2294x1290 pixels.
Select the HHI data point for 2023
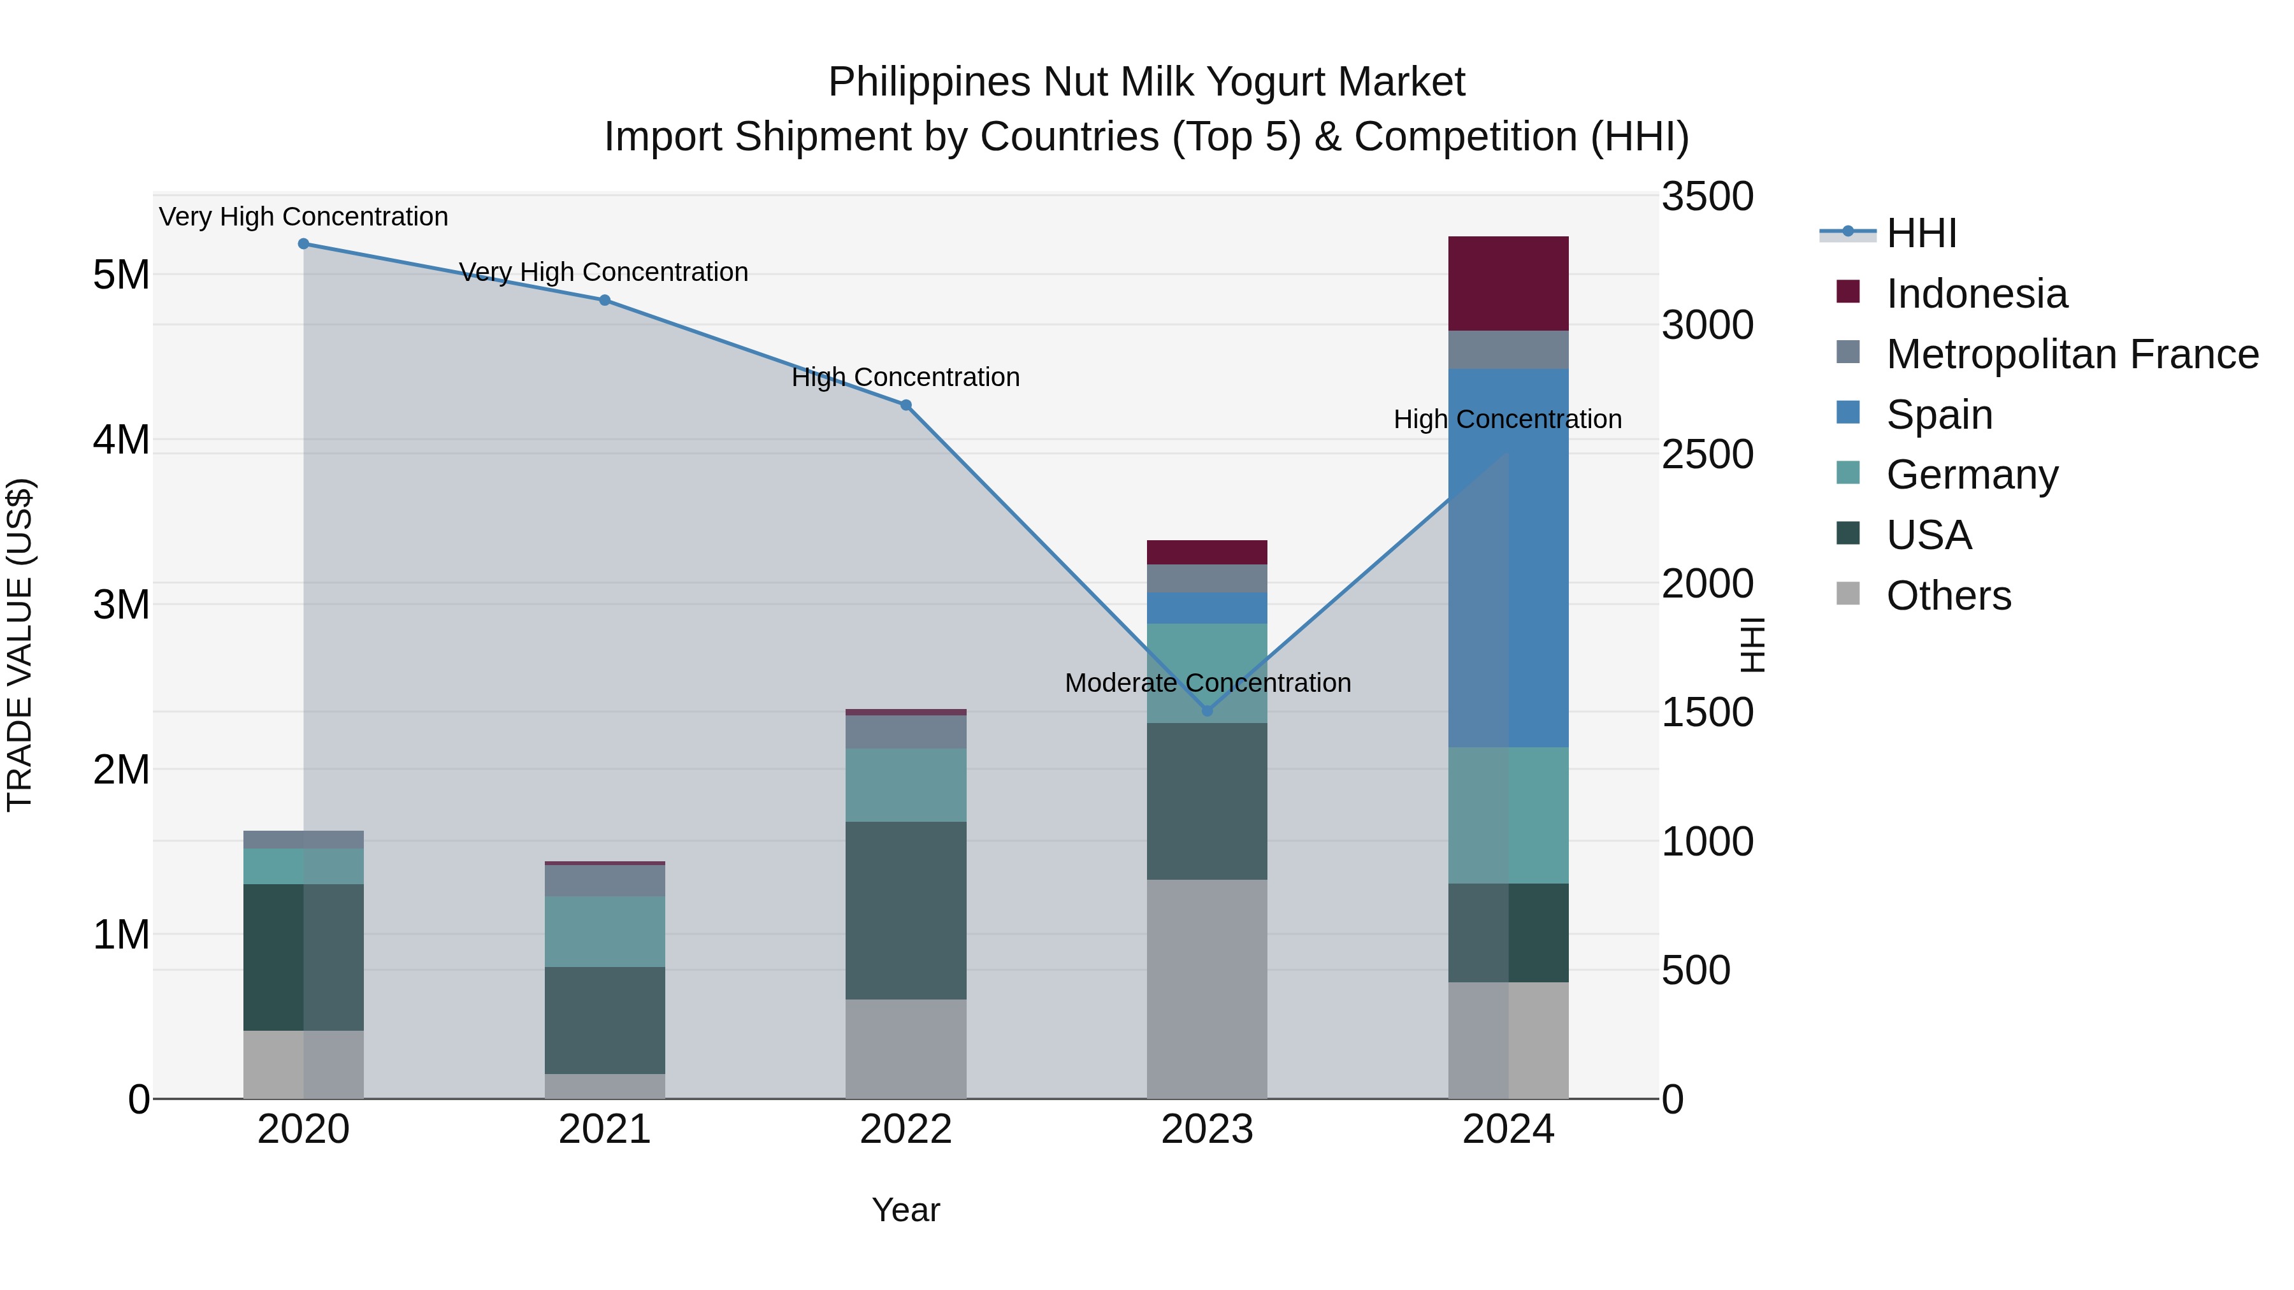click(1207, 710)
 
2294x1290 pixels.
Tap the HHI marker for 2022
click(905, 405)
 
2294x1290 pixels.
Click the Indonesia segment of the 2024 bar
click(1508, 283)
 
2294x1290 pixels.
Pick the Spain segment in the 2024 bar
click(1508, 557)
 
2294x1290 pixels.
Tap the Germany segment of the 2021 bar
click(605, 931)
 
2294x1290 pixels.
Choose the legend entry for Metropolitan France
click(2072, 354)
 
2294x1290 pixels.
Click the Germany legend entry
click(1972, 475)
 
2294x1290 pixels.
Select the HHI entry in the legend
click(1921, 233)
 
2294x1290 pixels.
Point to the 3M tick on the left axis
click(121, 605)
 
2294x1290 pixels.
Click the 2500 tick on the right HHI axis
click(1707, 454)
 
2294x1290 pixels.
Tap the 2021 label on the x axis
click(605, 1129)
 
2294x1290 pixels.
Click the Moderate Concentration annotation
click(1208, 683)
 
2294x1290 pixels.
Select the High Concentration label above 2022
click(905, 378)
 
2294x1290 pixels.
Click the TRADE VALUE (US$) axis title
click(20, 645)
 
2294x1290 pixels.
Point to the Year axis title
click(905, 1210)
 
